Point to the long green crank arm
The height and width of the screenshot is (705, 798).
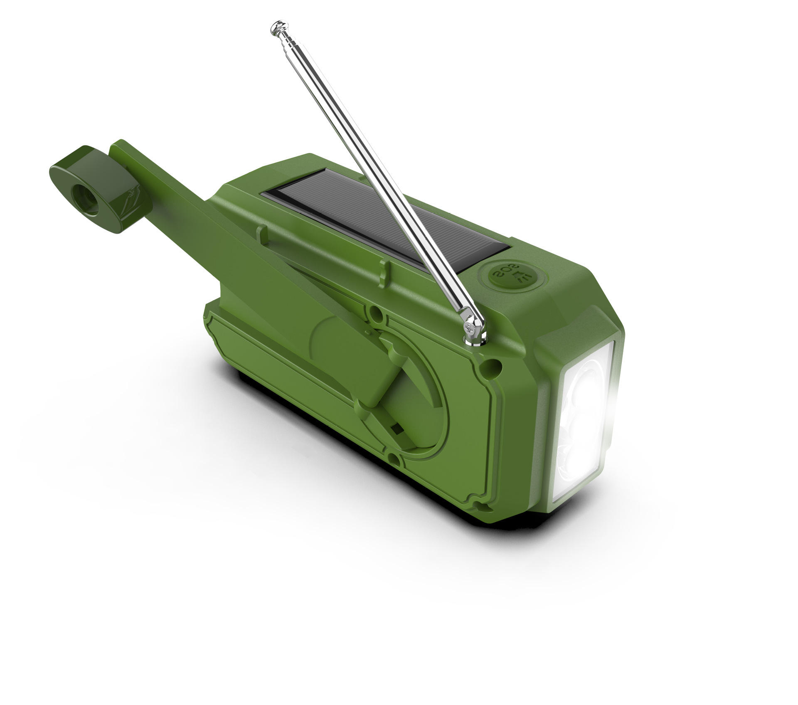click(x=249, y=258)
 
